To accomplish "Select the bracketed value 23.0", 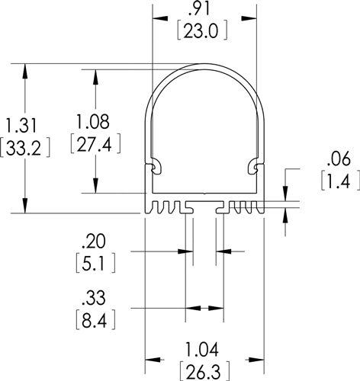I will pos(203,31).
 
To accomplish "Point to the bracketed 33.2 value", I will pos(26,147).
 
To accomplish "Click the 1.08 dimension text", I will pos(95,121).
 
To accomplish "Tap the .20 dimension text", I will pos(94,245).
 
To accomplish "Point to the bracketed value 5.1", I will pos(94,265).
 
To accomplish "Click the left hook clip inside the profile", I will pos(156,165).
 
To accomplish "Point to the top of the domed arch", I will pos(204,65).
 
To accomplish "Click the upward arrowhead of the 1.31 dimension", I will pos(27,69).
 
